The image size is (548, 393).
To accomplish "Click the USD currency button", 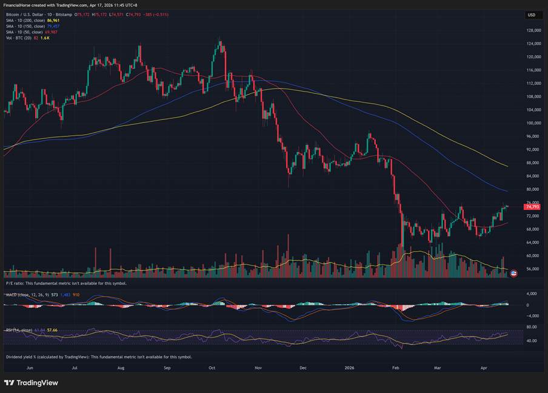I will [x=531, y=15].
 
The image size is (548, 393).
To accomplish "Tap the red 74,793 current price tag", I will [x=532, y=207].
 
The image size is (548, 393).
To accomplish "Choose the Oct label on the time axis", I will [x=212, y=368].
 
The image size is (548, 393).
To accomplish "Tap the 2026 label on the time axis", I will [x=349, y=368].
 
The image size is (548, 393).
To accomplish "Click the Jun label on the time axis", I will [x=29, y=368].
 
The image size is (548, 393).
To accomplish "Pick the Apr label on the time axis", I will [x=483, y=368].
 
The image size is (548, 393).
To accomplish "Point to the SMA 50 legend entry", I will [x=24, y=32].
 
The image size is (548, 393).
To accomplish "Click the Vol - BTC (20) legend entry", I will [x=18, y=37].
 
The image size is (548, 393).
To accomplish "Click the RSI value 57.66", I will [x=52, y=330].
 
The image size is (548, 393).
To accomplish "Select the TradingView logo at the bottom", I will [x=31, y=383].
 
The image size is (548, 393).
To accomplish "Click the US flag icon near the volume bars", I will [x=514, y=273].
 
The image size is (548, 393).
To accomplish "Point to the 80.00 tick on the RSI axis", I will [x=532, y=327].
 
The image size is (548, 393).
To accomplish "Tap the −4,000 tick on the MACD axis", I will [x=532, y=315].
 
